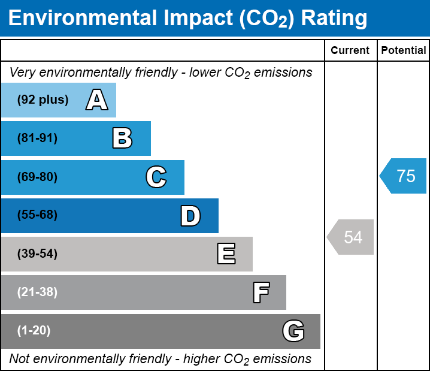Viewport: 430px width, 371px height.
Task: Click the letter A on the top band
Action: point(96,100)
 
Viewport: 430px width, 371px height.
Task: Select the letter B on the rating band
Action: point(122,138)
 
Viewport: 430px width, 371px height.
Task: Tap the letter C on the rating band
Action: point(156,177)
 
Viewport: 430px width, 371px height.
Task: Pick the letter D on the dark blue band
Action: point(190,216)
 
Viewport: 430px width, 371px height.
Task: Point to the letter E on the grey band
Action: point(226,254)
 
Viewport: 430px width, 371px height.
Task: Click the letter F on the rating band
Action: point(261,292)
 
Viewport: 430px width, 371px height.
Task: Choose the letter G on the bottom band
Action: point(293,331)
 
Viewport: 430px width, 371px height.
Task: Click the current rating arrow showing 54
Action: point(351,237)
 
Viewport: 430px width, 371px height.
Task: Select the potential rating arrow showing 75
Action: point(404,176)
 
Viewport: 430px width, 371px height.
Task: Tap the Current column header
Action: point(350,51)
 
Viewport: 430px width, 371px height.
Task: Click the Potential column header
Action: point(404,51)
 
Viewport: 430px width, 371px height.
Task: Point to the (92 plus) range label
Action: point(43,100)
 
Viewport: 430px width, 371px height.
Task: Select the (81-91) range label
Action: point(37,138)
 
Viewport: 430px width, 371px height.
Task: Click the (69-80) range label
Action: point(37,177)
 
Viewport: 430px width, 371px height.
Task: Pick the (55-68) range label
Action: point(37,215)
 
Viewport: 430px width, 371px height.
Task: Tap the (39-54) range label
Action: point(37,254)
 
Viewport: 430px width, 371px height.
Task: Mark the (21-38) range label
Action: point(37,292)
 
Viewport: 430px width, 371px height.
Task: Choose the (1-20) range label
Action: point(34,331)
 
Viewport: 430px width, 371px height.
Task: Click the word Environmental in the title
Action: point(84,18)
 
